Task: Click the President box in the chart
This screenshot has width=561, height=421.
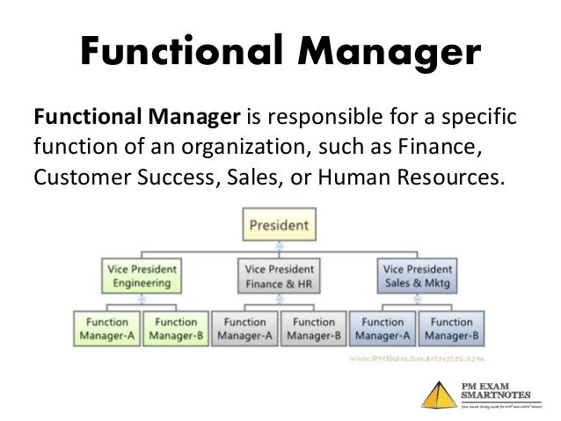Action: point(279,224)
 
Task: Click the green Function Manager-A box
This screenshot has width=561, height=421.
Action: point(106,328)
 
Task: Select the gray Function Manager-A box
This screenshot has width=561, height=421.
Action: point(244,328)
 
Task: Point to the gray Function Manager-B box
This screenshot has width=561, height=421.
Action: point(313,328)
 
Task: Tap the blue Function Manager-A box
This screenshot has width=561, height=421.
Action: point(382,328)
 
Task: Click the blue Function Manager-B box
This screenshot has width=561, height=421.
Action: point(451,328)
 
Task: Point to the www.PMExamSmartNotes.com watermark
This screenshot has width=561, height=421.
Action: point(416,359)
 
